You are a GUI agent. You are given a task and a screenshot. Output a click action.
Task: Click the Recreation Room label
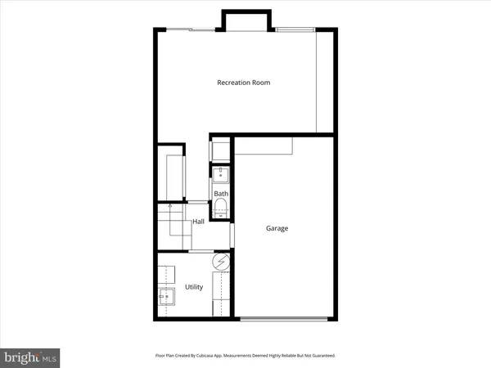(x=243, y=83)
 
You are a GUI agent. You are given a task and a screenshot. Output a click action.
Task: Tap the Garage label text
(x=277, y=229)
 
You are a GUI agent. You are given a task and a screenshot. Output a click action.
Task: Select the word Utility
(x=194, y=287)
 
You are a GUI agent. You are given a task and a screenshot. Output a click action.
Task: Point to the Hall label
(x=198, y=222)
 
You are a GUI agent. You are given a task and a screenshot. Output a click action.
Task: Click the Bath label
(x=221, y=194)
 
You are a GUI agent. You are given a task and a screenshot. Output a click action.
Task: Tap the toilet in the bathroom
(x=221, y=209)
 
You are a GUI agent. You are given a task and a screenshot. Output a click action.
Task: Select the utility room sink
(x=168, y=298)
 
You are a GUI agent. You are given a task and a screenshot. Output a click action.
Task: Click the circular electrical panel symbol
(x=221, y=263)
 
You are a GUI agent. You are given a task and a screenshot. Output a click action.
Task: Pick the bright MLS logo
(x=30, y=357)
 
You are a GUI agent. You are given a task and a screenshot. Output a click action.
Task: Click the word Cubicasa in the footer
(x=214, y=356)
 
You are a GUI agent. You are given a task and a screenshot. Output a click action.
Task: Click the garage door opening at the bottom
(x=285, y=318)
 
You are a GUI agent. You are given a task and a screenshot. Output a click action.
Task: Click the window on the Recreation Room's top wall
(x=295, y=30)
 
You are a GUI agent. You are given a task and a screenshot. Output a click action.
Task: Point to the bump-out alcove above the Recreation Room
(x=245, y=21)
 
